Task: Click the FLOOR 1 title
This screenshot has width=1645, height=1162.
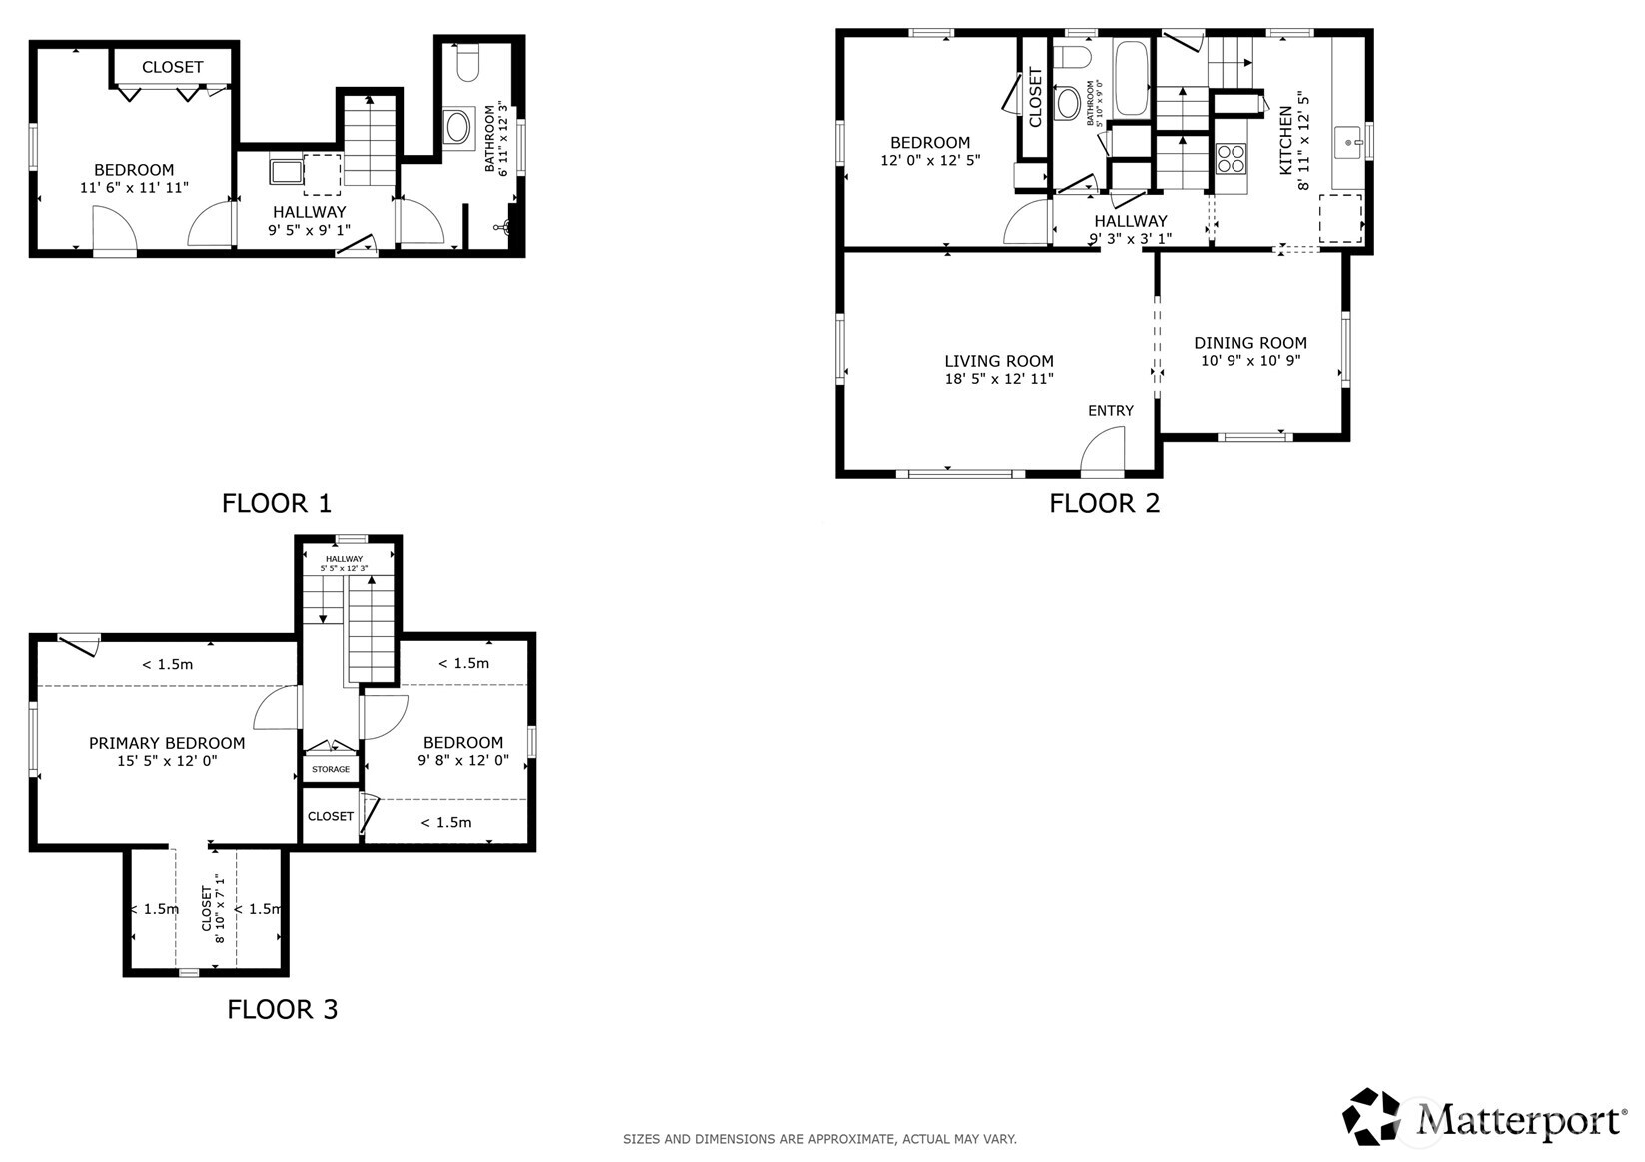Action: (276, 503)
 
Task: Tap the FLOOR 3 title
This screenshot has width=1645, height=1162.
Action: (283, 1009)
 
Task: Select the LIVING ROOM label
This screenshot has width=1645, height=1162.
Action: (999, 361)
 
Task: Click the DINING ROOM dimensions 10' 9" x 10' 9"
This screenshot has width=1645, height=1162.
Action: (1250, 361)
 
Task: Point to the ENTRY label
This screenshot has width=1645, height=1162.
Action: (1111, 411)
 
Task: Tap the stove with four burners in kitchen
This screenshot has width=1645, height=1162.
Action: (1231, 159)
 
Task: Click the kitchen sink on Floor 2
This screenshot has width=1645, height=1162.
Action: (1349, 143)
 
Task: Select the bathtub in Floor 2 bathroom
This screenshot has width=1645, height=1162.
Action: (1132, 78)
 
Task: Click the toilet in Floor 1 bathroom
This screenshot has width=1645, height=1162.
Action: (467, 66)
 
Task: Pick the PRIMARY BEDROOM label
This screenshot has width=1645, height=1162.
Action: (167, 743)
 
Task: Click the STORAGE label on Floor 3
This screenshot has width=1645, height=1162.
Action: (331, 769)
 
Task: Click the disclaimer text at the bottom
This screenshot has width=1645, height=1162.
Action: (819, 1139)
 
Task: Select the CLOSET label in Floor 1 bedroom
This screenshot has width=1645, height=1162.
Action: (172, 67)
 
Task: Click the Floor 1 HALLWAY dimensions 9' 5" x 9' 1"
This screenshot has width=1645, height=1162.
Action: (309, 230)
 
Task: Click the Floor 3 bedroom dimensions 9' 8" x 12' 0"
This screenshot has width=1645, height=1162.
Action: (463, 760)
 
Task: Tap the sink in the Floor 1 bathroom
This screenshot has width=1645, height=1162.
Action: (458, 127)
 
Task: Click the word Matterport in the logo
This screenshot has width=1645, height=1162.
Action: (1518, 1120)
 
